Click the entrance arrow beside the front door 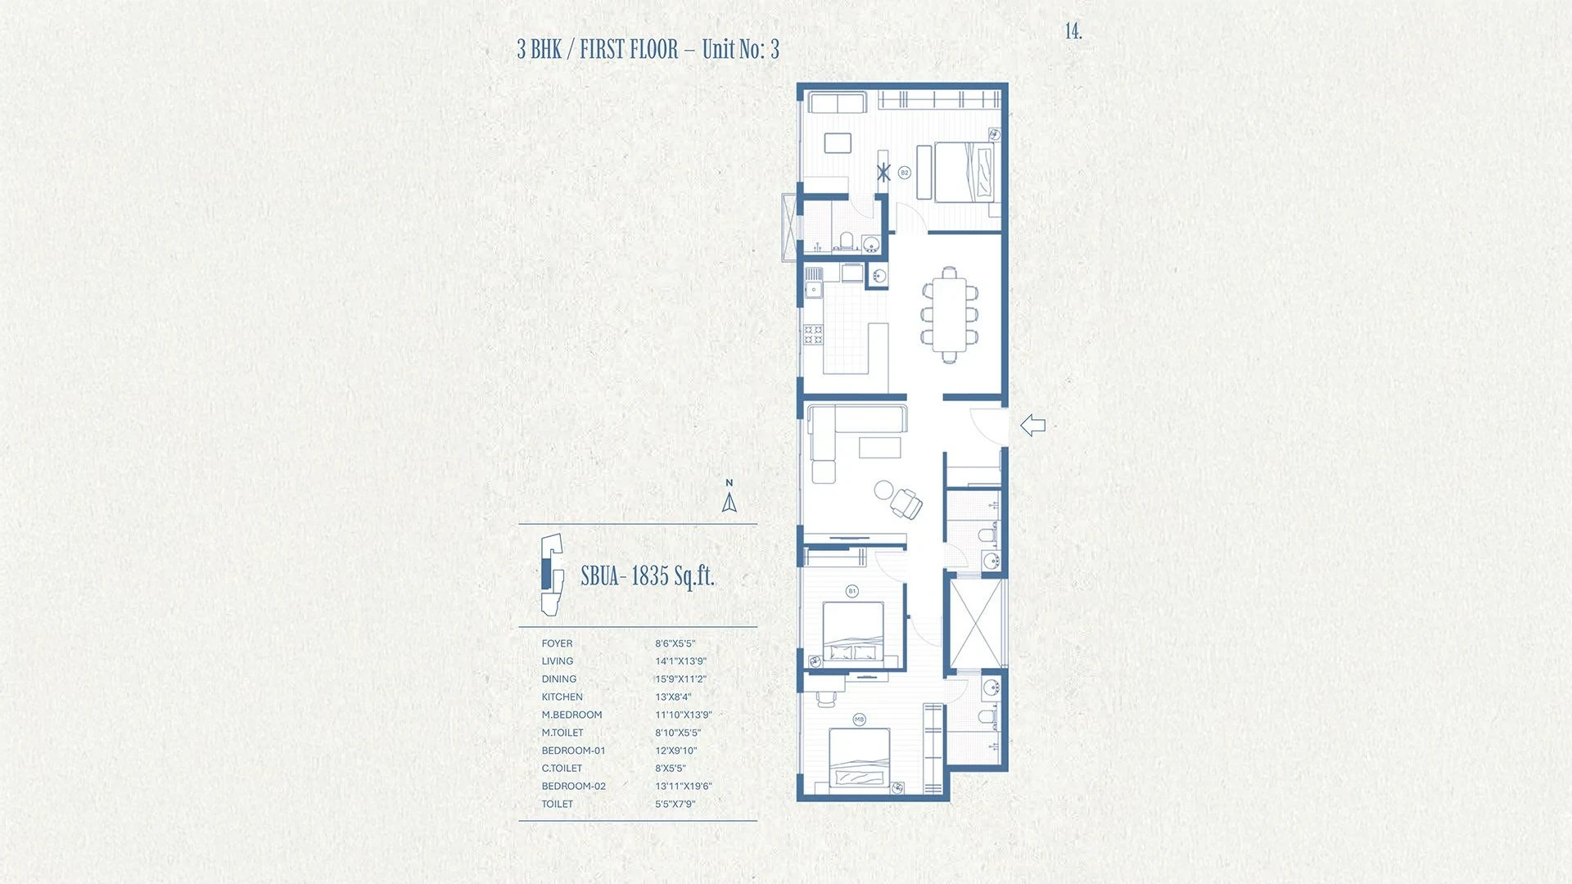click(x=1032, y=425)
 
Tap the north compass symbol click(x=730, y=496)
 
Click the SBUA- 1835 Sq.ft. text click(x=648, y=576)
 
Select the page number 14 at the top click(x=1073, y=31)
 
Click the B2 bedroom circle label click(x=905, y=173)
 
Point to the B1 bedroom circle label click(x=852, y=591)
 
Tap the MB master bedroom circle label click(x=860, y=719)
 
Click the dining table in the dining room click(x=950, y=314)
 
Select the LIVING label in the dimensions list click(x=558, y=661)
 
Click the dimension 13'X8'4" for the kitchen click(x=673, y=697)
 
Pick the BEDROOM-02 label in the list click(x=574, y=787)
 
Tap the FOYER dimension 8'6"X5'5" click(x=675, y=643)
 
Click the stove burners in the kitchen click(x=813, y=334)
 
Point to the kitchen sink click(x=813, y=289)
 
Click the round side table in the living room click(x=883, y=489)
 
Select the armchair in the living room click(x=907, y=503)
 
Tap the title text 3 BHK click(x=540, y=50)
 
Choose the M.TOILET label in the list click(x=562, y=733)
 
